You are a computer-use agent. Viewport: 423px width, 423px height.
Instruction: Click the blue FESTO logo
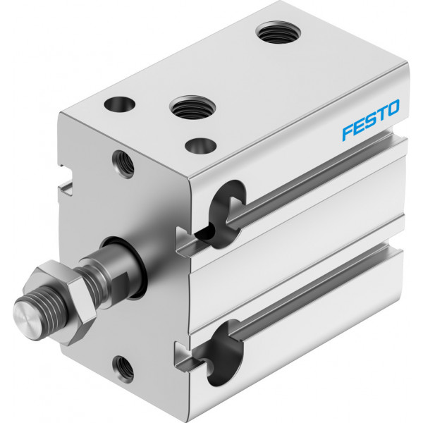(x=371, y=120)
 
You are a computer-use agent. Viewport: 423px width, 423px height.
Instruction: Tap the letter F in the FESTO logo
(x=348, y=133)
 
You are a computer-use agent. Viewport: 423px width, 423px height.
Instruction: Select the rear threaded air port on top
(x=278, y=32)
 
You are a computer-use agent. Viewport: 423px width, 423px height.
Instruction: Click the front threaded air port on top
(x=192, y=107)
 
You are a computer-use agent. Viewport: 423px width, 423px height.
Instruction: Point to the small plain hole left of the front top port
(x=120, y=104)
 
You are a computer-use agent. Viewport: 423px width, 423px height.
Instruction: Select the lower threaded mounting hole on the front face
(x=123, y=369)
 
